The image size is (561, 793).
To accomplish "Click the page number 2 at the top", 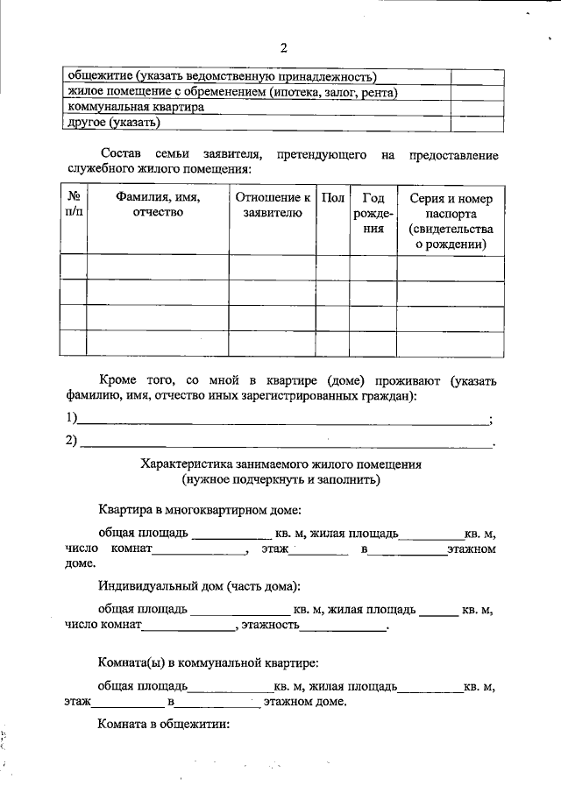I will point(283,47).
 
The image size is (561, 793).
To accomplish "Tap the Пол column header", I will point(333,198).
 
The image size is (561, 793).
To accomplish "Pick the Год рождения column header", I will point(373,214).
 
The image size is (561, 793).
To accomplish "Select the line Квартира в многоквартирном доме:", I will point(200,509).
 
